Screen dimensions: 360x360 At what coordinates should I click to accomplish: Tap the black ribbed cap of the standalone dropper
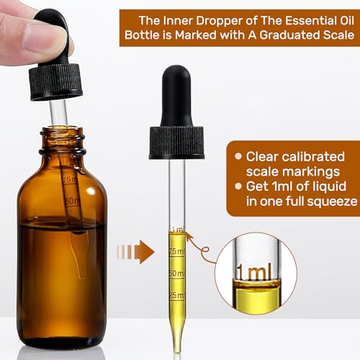tap(176, 142)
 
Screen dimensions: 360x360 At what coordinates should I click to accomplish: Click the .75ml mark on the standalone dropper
tap(176, 251)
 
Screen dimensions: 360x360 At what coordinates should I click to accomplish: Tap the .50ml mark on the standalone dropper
tap(176, 274)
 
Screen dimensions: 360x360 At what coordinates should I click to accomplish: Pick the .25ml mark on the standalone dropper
tap(176, 296)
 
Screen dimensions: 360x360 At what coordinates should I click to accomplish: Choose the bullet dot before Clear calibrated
tap(238, 156)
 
